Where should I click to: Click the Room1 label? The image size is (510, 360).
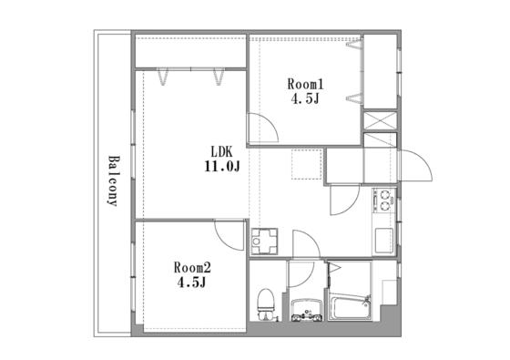[305, 84]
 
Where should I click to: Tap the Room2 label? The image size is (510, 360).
[192, 268]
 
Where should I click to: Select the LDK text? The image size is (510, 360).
[222, 151]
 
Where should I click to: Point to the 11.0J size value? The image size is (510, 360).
[222, 167]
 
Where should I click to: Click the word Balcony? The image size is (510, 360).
[113, 181]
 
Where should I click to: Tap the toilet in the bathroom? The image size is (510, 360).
[266, 304]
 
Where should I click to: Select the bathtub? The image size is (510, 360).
[350, 306]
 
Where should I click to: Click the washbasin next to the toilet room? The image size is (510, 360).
[307, 310]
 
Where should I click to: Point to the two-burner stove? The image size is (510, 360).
[384, 201]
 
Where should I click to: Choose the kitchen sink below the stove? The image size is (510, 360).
[384, 241]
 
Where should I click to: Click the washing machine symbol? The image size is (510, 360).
[264, 242]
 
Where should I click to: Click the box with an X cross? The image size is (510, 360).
[380, 120]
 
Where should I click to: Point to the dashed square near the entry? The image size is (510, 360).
[306, 164]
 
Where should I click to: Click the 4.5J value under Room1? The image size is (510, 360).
[305, 98]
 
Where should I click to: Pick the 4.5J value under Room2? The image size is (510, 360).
[192, 282]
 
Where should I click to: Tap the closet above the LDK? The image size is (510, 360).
[190, 51]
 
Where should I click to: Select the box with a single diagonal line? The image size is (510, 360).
[380, 139]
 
